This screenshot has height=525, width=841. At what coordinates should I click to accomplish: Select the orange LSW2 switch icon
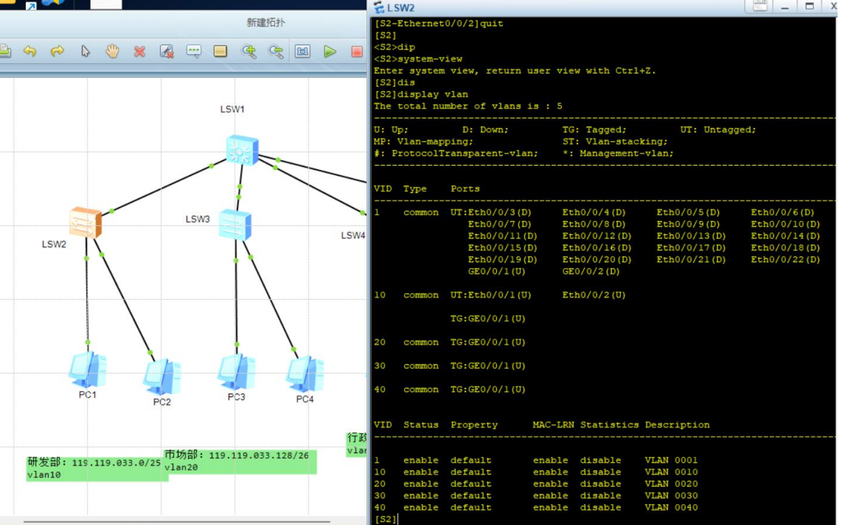(86, 223)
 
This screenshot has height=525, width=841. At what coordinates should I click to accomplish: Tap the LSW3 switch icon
(235, 225)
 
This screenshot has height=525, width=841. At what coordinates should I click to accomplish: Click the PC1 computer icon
(87, 369)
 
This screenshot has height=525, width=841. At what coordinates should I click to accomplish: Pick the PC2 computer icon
(162, 376)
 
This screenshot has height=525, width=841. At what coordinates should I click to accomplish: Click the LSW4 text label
(353, 235)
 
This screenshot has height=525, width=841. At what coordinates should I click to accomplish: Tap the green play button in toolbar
(330, 51)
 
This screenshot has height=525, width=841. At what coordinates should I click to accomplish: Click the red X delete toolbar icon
(139, 51)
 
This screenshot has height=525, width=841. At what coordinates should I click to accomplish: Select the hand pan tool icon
(112, 51)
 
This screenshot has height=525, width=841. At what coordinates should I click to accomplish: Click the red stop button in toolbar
(357, 51)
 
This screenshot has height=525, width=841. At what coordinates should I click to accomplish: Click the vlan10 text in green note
(44, 475)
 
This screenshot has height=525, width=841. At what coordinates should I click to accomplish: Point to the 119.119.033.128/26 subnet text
(258, 455)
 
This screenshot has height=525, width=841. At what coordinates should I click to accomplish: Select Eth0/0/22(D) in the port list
(785, 260)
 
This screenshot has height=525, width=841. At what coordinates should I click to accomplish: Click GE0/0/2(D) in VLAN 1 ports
(591, 271)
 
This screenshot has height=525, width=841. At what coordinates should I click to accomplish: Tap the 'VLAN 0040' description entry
(671, 507)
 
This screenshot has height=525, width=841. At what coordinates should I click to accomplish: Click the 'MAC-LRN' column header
(553, 425)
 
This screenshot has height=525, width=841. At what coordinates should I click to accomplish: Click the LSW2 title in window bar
(401, 8)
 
